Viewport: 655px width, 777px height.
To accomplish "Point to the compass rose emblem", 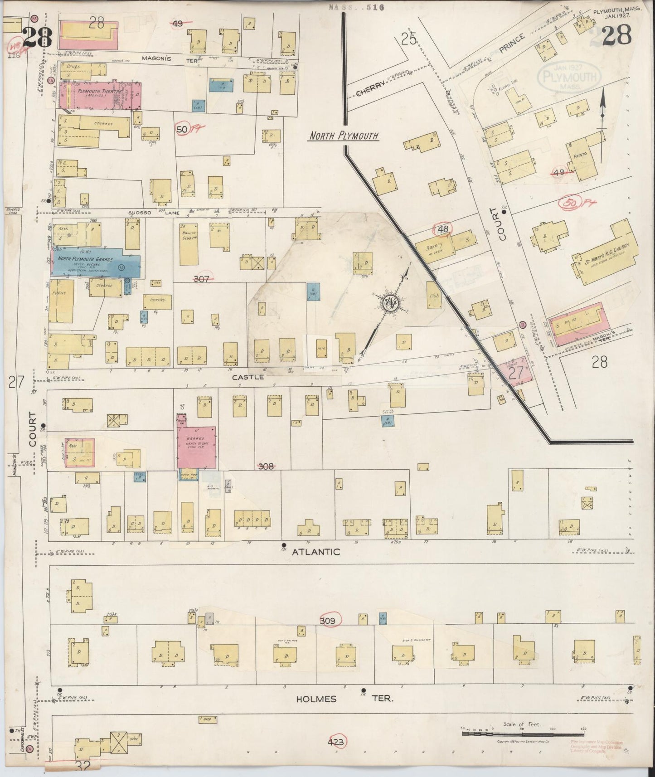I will (x=389, y=302).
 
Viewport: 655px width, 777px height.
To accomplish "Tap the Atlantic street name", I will (x=316, y=552).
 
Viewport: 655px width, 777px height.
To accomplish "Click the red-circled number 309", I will (x=327, y=621).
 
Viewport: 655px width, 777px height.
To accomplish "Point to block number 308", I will (x=266, y=466).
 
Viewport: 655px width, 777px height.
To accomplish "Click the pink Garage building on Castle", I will (x=197, y=447).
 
